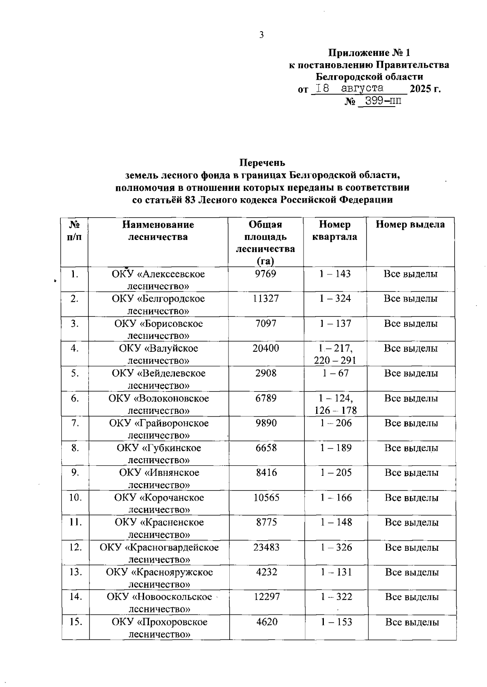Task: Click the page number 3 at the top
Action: [x=261, y=35]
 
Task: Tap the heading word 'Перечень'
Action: [x=262, y=163]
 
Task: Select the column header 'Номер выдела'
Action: [x=410, y=225]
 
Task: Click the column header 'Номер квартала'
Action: [x=334, y=231]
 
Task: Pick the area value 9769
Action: [x=265, y=274]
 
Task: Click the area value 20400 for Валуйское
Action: [x=265, y=349]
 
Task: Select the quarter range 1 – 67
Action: [x=335, y=373]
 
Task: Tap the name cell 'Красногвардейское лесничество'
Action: [x=159, y=554]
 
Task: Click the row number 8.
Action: [x=75, y=448]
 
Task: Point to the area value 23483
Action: [x=266, y=548]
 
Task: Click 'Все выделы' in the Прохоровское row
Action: [x=412, y=622]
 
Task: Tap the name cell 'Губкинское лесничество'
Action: [x=159, y=454]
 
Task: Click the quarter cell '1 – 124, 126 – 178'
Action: [x=335, y=404]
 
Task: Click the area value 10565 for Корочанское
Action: [x=266, y=498]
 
